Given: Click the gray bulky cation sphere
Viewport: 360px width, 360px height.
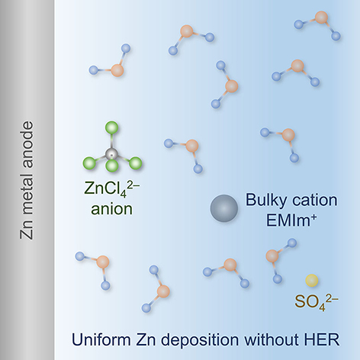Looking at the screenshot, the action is (x=224, y=208).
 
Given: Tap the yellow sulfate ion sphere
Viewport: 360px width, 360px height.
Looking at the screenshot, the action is (x=312, y=281).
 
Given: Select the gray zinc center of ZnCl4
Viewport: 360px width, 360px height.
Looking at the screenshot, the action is (x=111, y=153).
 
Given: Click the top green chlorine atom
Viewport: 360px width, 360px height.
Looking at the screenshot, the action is (x=111, y=127).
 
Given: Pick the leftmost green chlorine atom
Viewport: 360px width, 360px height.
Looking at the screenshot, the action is (x=89, y=163).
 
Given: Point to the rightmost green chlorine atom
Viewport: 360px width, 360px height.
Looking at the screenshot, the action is (x=135, y=163).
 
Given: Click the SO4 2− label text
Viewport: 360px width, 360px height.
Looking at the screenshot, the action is (x=317, y=302).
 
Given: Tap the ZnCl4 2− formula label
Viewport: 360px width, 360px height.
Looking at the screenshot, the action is (x=112, y=188).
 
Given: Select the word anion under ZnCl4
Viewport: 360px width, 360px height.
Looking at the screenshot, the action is (x=111, y=209).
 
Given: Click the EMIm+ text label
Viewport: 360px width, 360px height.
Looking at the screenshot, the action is (x=291, y=220).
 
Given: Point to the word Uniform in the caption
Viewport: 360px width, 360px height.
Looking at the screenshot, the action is (x=101, y=339).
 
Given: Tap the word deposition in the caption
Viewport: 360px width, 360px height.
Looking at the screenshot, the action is (x=200, y=341).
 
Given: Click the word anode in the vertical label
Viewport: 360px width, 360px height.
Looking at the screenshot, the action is (x=27, y=144).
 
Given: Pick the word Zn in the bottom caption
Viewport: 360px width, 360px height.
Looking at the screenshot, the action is (x=146, y=339).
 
